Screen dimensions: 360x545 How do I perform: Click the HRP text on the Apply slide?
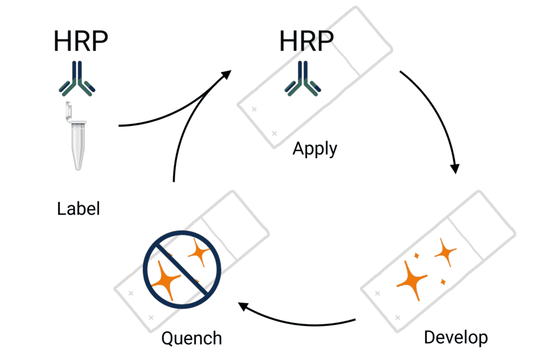click(x=306, y=42)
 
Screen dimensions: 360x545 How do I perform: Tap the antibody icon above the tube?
click(x=81, y=79)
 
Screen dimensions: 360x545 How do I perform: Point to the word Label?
click(x=78, y=209)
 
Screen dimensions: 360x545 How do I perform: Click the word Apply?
click(x=315, y=148)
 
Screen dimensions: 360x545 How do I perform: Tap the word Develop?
click(x=456, y=337)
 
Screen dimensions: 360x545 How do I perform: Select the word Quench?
click(x=191, y=338)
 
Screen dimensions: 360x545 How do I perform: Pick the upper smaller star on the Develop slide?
click(x=446, y=251)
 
